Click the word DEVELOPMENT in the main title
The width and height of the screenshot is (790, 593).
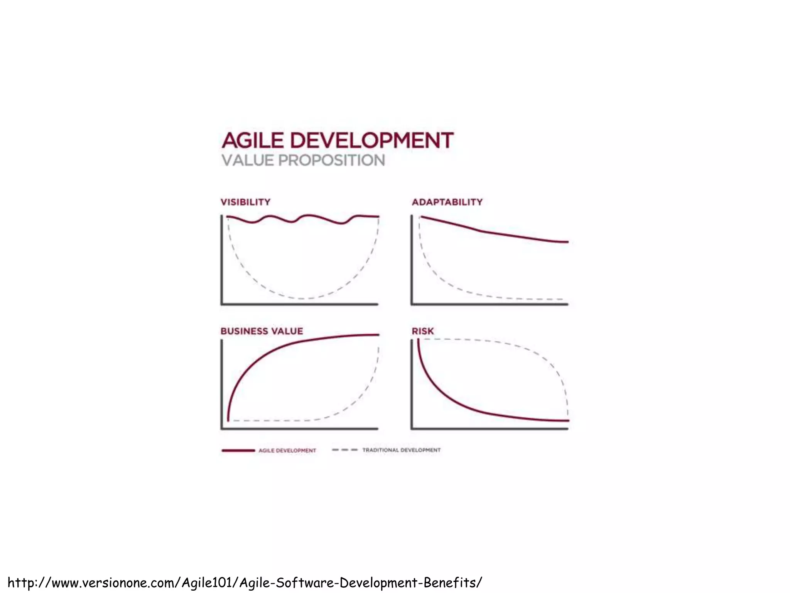pos(371,140)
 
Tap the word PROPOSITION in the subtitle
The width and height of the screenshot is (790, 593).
pos(331,161)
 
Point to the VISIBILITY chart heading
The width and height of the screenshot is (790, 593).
pos(245,202)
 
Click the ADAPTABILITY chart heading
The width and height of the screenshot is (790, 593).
pos(447,202)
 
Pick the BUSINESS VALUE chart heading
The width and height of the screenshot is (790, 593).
pos(262,331)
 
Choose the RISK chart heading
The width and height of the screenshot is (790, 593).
pos(423,331)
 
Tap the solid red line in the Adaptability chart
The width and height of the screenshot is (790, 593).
pos(482,231)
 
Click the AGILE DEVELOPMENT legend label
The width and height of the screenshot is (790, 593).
pos(287,451)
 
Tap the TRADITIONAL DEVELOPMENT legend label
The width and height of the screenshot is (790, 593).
pos(401,450)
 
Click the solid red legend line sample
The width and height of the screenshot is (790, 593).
pos(238,451)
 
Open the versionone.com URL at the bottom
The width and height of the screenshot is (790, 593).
pos(245,582)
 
